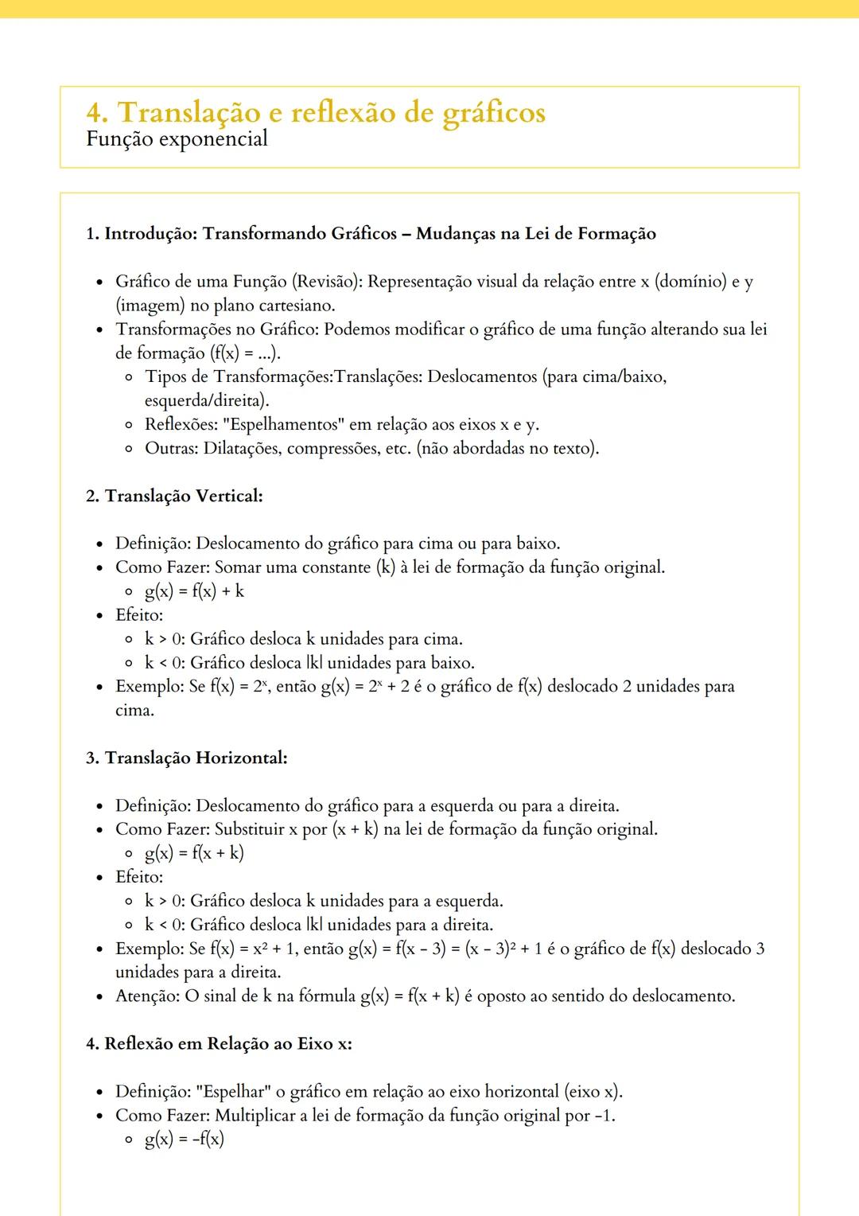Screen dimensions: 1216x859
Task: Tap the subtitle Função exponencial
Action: click(x=177, y=139)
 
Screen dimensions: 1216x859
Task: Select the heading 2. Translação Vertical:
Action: click(x=174, y=496)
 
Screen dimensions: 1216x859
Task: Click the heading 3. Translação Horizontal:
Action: click(x=187, y=758)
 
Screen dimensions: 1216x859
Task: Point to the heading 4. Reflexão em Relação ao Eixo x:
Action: click(x=219, y=1043)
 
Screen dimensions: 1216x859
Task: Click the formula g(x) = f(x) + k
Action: click(x=194, y=591)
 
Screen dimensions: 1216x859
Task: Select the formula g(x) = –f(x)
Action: click(x=185, y=1139)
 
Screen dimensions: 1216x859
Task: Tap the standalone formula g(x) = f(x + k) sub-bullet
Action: click(x=194, y=853)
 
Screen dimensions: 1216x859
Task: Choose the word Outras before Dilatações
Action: click(x=170, y=448)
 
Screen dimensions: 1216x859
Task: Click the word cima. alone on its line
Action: click(x=134, y=710)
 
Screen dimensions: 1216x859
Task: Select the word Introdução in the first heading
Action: click(x=150, y=234)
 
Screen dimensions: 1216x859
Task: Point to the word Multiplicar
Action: click(x=255, y=1116)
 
